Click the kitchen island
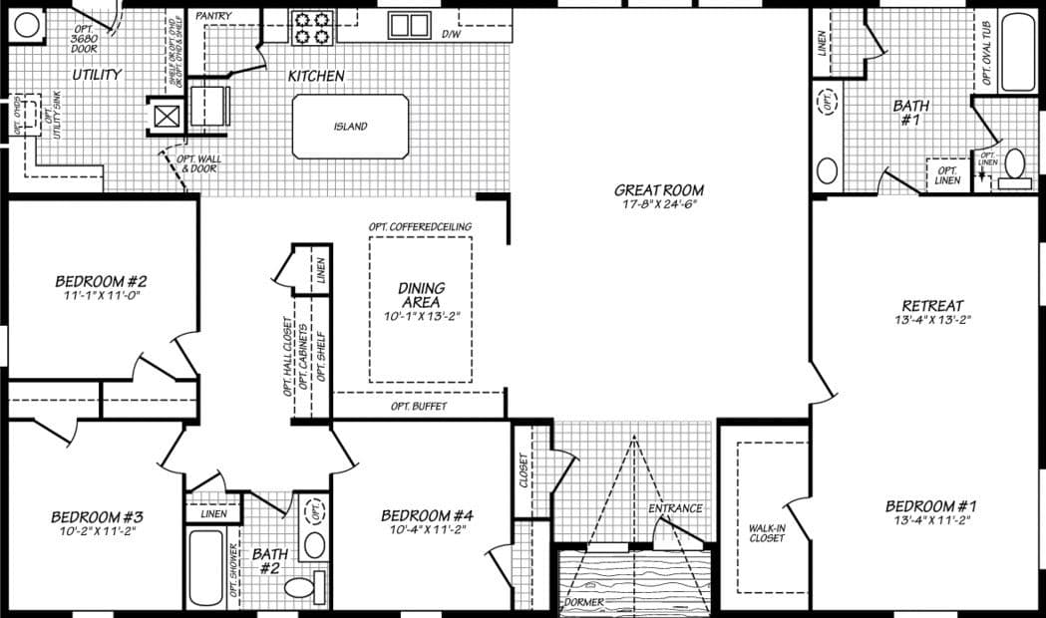tap(350, 127)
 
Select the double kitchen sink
tap(407, 25)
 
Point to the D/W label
tap(452, 34)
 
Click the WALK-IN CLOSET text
tap(767, 532)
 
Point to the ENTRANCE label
tap(676, 508)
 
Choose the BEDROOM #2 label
tap(102, 281)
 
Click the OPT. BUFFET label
tap(419, 407)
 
